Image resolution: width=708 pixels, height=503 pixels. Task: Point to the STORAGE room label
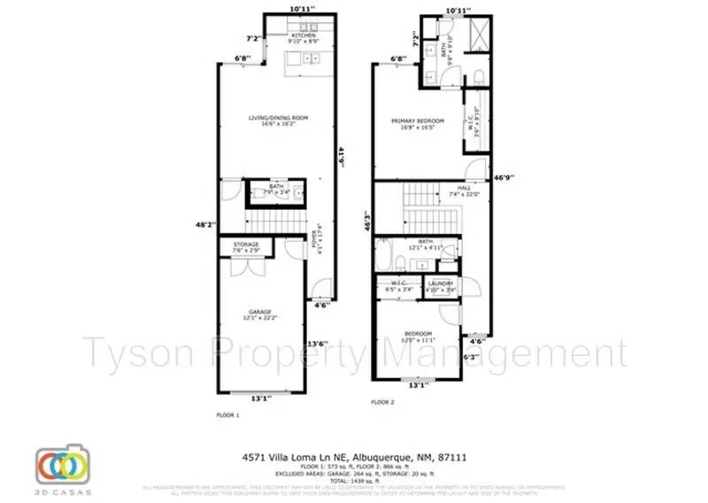(246, 244)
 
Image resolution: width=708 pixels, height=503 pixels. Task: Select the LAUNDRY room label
(440, 283)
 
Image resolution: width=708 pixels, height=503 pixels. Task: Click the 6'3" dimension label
(472, 358)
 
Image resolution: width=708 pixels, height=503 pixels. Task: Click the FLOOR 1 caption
(228, 414)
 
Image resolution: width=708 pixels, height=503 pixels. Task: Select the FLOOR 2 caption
(382, 401)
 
